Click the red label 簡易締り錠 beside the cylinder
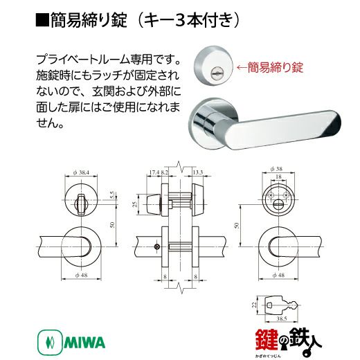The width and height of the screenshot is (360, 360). click(275, 67)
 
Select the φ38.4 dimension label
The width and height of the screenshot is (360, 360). click(81, 172)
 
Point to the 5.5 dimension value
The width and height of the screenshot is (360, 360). click(113, 195)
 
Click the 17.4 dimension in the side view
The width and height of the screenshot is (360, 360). click(154, 172)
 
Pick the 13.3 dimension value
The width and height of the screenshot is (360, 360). click(198, 172)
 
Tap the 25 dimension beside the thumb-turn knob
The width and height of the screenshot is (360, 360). click(135, 204)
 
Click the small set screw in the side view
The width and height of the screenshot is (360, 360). click(157, 246)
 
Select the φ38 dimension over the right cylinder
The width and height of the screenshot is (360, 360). click(276, 169)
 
